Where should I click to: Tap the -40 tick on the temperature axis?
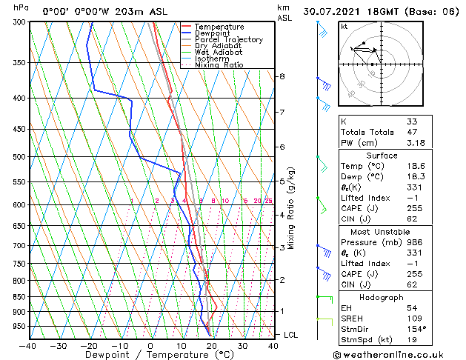[28, 345]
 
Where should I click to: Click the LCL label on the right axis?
[291, 335]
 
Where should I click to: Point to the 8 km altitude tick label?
[282, 76]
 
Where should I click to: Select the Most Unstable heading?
[382, 231]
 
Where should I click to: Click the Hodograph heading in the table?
[382, 296]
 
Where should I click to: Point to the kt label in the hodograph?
[344, 27]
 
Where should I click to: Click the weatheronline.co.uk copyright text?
[399, 353]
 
